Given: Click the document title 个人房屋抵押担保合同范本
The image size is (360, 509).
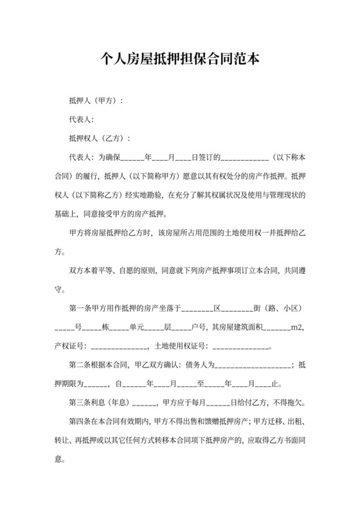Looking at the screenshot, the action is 180,60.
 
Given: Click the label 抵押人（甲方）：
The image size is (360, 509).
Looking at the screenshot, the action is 96,102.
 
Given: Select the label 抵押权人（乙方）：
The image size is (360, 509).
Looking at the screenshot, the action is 100,138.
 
